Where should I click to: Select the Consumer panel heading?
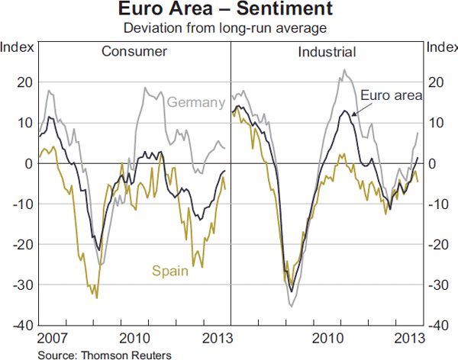tap(134, 52)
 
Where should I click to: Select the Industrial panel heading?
tap(327, 52)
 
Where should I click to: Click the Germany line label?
tap(195, 102)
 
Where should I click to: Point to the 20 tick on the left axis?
tap(23, 82)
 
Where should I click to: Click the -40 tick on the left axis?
tap(21, 325)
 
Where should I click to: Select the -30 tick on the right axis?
tap(437, 284)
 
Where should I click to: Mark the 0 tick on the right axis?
tap(431, 163)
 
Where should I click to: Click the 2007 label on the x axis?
tap(50, 338)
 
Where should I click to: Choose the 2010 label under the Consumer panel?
tap(134, 338)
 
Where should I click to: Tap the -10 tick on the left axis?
tap(21, 204)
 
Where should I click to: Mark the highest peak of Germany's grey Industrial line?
tap(343, 70)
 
